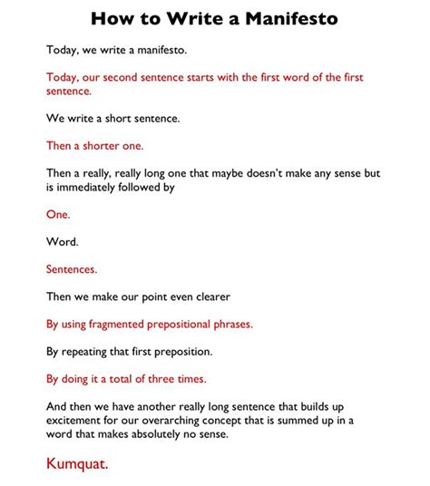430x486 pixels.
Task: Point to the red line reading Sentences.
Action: tap(71, 268)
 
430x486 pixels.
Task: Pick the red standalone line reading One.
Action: tap(57, 215)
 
